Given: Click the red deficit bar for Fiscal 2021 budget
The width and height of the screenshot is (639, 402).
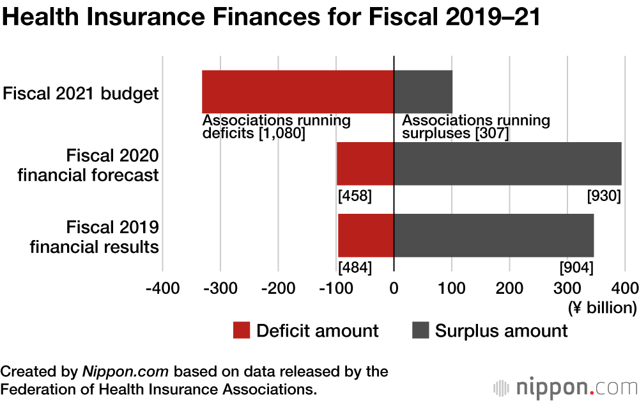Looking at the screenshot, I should [x=298, y=92].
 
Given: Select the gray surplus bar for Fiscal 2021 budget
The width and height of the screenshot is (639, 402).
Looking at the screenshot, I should [x=423, y=92].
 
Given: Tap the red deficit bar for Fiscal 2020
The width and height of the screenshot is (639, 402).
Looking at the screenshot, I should [x=365, y=163].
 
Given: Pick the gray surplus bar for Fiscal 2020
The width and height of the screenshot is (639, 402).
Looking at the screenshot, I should [x=507, y=163].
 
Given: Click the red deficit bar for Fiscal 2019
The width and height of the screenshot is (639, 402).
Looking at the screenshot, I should [x=366, y=235].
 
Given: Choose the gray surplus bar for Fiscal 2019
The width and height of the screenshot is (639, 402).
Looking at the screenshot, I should [x=493, y=235].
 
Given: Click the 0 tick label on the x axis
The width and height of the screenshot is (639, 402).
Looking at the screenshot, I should [x=394, y=287].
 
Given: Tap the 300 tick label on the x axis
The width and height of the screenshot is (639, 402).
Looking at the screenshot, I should [x=567, y=287].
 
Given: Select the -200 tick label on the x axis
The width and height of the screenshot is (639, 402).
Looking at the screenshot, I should [x=278, y=287].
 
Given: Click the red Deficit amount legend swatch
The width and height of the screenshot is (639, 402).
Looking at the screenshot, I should [x=241, y=331].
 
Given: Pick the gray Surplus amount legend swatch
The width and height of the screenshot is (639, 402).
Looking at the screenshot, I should [x=420, y=331].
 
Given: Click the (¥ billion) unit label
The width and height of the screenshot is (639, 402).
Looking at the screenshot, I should [x=602, y=307].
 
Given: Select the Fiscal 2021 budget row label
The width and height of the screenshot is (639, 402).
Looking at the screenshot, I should [x=81, y=93].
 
